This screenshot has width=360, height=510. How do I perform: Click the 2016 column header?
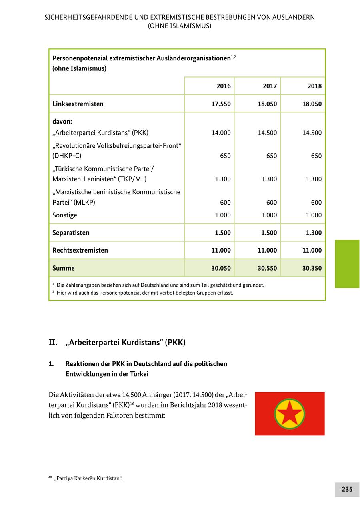point(223,86)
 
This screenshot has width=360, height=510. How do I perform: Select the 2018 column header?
point(314,86)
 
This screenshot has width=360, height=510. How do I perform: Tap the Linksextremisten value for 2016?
point(221,104)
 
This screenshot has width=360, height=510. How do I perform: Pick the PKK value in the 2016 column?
point(221,133)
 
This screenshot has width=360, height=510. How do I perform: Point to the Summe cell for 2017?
point(267,268)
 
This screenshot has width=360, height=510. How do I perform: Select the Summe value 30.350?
point(312,268)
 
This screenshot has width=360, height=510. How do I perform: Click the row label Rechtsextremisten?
point(80,250)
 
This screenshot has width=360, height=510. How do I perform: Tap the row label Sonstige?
point(64,215)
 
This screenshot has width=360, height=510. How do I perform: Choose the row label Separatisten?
point(71,233)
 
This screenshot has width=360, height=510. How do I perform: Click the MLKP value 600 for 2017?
point(271,203)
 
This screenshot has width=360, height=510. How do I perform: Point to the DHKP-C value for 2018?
point(316,156)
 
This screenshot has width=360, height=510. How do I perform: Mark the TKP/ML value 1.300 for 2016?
point(222,179)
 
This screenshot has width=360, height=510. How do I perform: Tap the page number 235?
point(347,489)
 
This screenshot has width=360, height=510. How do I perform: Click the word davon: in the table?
point(62,121)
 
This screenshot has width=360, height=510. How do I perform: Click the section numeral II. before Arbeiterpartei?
point(53,343)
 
